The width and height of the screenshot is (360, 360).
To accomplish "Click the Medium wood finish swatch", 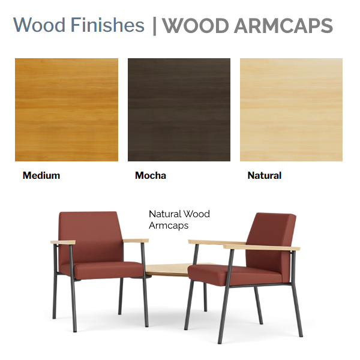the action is coord(67,110).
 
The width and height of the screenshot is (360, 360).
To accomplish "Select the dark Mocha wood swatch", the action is coord(179,110).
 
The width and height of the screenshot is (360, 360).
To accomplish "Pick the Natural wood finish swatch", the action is coord(291,110).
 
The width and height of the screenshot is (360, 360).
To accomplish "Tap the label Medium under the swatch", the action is coord(41,176).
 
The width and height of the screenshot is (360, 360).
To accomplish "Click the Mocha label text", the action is coord(151,176).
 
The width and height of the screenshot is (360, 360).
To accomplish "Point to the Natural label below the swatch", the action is coord(265,176).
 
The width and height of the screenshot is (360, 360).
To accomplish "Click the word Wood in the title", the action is coord(39,25).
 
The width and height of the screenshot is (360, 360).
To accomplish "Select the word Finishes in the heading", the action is coord(107,25).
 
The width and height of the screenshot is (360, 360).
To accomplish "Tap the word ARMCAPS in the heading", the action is coord(284,25).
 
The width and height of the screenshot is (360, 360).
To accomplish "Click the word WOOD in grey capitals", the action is coord(196,25).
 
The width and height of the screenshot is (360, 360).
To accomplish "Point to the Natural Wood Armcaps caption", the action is coord(179,220).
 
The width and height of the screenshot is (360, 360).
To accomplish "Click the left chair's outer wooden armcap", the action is coord(63,242).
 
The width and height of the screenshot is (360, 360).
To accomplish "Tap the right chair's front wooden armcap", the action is coord(262,247).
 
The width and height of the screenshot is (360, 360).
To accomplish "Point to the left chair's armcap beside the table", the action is coord(136,241).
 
